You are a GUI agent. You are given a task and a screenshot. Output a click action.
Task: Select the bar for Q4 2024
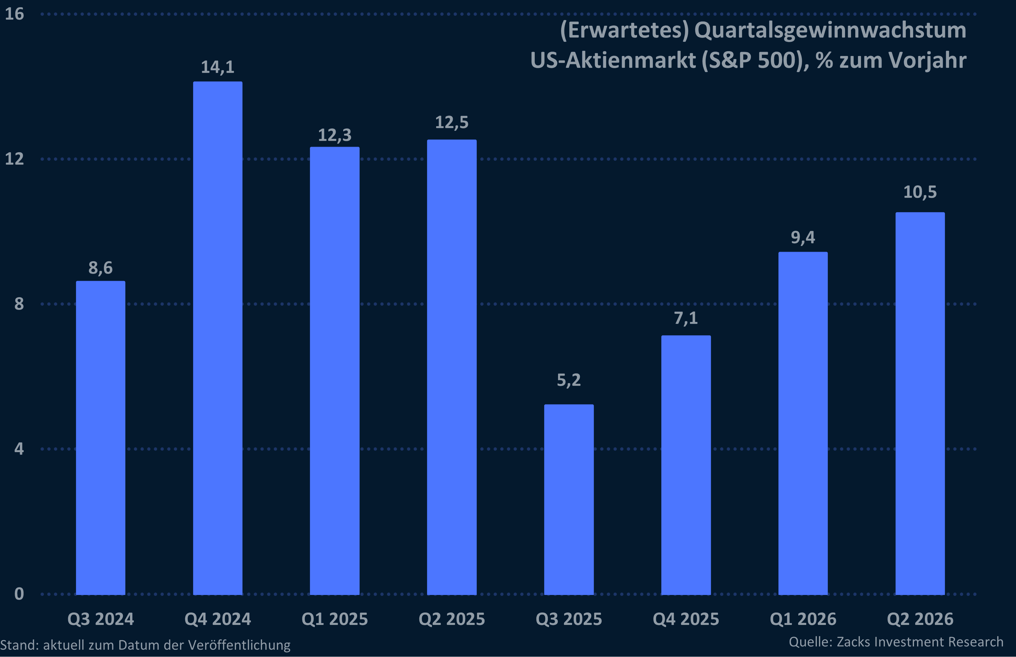[218, 337]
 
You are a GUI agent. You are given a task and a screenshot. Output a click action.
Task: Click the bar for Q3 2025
[569, 499]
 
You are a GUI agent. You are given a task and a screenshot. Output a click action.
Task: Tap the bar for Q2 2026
[920, 403]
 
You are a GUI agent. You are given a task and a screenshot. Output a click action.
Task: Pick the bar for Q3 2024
[101, 437]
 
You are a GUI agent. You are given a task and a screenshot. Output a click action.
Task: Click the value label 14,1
[218, 67]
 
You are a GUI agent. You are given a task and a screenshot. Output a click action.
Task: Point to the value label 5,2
[569, 380]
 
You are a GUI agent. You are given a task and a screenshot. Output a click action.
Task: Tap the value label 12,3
[335, 135]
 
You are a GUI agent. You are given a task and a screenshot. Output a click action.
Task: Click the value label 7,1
[686, 318]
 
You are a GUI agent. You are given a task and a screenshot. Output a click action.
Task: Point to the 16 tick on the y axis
[14, 14]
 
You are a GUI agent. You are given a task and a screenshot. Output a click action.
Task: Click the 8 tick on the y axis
[19, 304]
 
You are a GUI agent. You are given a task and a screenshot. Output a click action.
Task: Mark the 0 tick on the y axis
[19, 593]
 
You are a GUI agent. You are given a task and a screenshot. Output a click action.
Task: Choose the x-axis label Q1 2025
[335, 619]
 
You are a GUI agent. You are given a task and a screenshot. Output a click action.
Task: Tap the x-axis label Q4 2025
[686, 619]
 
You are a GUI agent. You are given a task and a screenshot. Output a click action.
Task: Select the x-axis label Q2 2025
[452, 619]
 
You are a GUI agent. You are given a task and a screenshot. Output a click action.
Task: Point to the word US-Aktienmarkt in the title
[613, 60]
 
